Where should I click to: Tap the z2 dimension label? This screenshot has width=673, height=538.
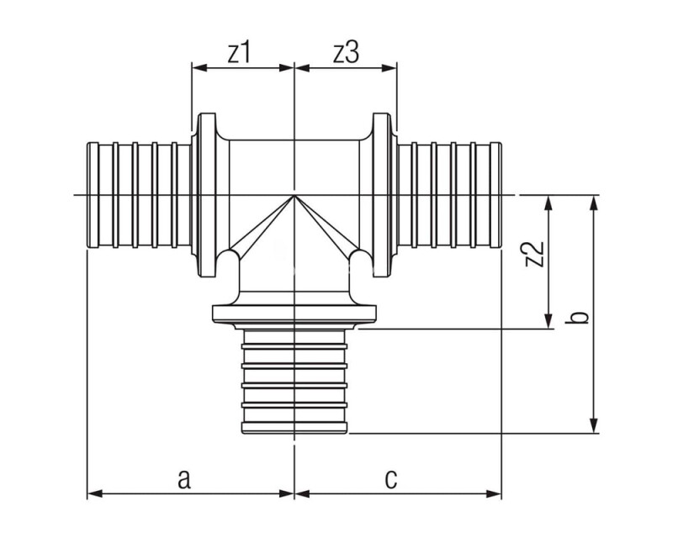pos(535,254)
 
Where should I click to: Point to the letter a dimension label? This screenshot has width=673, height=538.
pos(183,479)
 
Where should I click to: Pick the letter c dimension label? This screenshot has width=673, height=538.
pos(391,479)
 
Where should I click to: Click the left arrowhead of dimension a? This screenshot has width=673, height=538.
pos(94,493)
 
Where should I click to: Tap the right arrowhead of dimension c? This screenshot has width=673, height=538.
pos(494,493)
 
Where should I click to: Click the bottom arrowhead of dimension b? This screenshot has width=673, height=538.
pos(594,425)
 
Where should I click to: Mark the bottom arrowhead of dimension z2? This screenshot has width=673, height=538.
pos(548,321)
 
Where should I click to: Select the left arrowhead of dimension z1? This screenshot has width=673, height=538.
pos(199,67)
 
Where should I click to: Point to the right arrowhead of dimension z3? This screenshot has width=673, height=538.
pos(389,67)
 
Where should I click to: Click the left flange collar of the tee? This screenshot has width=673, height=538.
pos(206,195)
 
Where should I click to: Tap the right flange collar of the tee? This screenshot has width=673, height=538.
pos(382,195)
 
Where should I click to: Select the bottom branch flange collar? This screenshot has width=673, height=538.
pos(294,314)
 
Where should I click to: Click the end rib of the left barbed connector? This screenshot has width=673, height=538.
pos(93,195)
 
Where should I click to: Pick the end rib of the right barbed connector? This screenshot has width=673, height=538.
pos(496,195)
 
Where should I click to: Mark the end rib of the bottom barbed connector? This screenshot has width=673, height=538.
pos(294,428)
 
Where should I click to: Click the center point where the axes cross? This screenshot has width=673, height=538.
pos(294,195)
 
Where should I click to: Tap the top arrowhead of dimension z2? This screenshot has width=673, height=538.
pos(548,203)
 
